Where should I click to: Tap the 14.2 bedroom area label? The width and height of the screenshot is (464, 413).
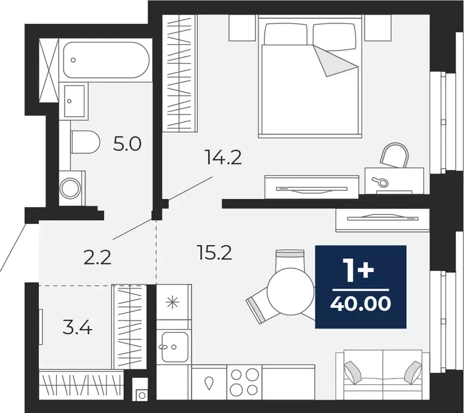[x=223, y=158]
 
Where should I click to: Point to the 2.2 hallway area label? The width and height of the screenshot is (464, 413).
[x=97, y=258]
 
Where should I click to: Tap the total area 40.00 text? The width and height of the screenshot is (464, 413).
[x=360, y=304]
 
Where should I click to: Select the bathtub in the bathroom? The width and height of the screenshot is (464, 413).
[x=105, y=60]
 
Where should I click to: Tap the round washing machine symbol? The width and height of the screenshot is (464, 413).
[x=72, y=188]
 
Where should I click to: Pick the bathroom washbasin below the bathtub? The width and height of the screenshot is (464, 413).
[x=74, y=101]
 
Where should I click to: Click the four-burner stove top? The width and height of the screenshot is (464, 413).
[x=244, y=381]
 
